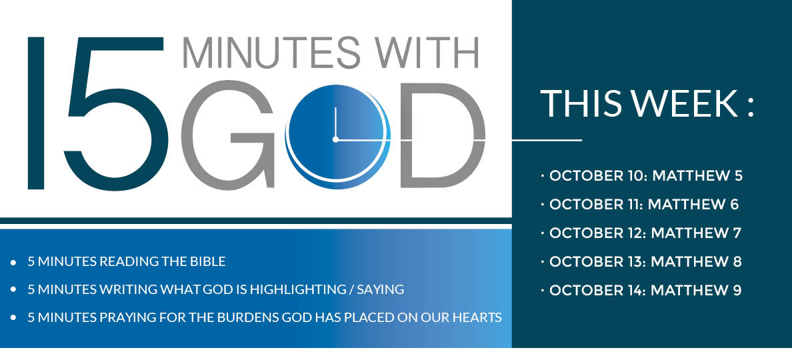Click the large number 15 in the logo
[x=100, y=113]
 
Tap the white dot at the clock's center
[x=335, y=139]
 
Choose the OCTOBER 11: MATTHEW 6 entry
[x=644, y=205]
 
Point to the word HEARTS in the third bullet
[x=477, y=317]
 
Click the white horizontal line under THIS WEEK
[x=547, y=141]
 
